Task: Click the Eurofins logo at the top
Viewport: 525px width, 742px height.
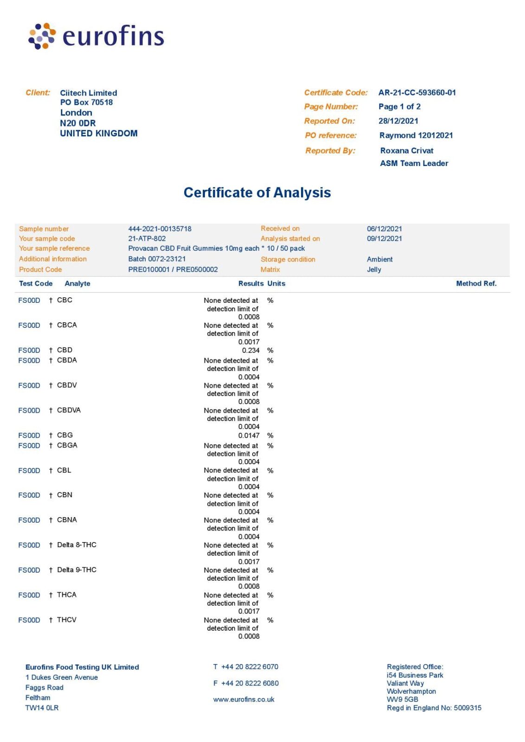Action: tap(96, 36)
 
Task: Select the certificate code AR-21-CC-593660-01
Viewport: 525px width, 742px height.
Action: tap(417, 93)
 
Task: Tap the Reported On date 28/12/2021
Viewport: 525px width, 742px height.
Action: tap(398, 121)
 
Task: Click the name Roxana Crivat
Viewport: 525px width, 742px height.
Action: tap(407, 151)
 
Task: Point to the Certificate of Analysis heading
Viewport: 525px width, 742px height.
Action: tap(257, 192)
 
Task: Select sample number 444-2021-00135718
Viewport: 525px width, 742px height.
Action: tap(160, 229)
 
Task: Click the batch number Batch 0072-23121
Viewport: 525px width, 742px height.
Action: tap(157, 259)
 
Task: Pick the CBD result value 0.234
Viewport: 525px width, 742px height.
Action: tap(250, 351)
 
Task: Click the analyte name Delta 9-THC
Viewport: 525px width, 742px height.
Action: tap(77, 570)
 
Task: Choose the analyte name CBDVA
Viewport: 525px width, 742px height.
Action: tap(69, 410)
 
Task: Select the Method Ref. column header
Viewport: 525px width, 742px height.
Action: tap(476, 283)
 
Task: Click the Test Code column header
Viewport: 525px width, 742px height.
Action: tap(36, 283)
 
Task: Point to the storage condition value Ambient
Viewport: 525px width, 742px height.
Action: tap(379, 259)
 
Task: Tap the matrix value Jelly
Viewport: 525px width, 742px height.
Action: tap(374, 269)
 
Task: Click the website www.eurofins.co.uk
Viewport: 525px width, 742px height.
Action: tap(243, 699)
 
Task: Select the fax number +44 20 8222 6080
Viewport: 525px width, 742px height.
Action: tap(250, 683)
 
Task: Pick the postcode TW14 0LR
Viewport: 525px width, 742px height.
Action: tap(42, 708)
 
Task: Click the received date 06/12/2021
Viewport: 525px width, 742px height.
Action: tap(384, 229)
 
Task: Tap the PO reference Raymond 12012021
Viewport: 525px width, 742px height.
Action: tap(416, 135)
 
